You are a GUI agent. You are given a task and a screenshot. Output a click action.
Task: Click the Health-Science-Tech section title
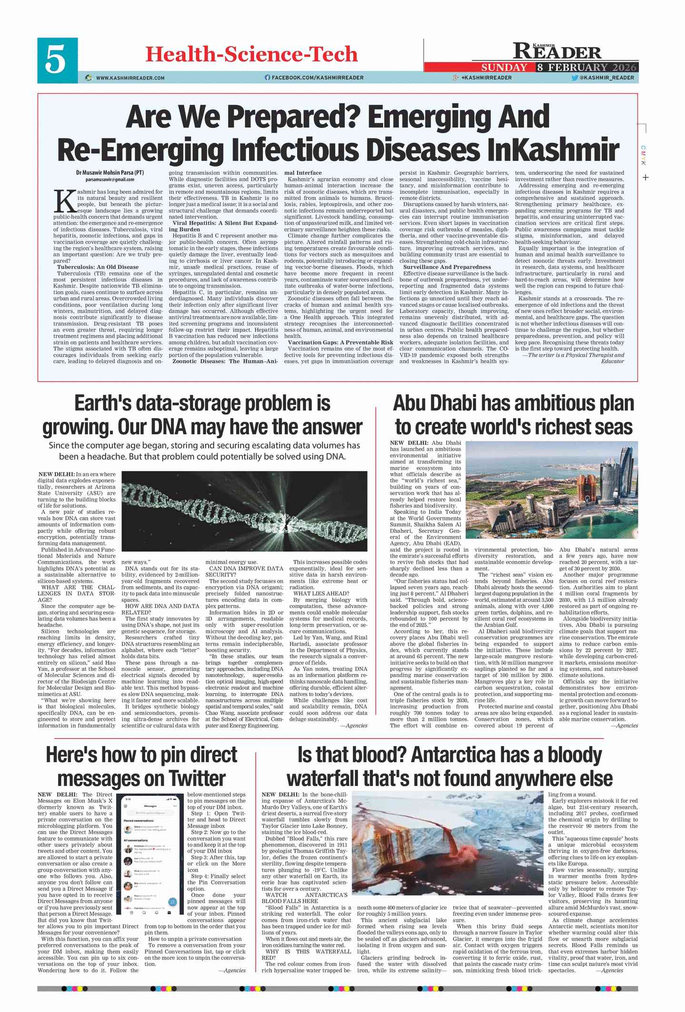tap(251, 54)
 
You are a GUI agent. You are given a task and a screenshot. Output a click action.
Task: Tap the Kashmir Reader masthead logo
tap(557, 50)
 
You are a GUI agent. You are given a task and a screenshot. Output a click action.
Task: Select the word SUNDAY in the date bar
tap(504, 67)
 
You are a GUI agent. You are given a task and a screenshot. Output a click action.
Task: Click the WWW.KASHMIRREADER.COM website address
tap(130, 78)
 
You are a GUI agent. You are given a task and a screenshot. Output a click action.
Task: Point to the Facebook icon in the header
tap(267, 78)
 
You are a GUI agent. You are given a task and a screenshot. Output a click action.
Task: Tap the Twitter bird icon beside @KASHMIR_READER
tap(575, 78)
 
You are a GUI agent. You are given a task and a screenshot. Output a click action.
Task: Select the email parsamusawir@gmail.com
tap(110, 179)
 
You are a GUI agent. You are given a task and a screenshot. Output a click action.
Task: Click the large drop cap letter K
tap(65, 202)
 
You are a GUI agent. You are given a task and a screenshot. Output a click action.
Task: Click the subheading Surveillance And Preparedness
tap(447, 267)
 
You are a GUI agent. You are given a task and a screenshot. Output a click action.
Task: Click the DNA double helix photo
tap(244, 511)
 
